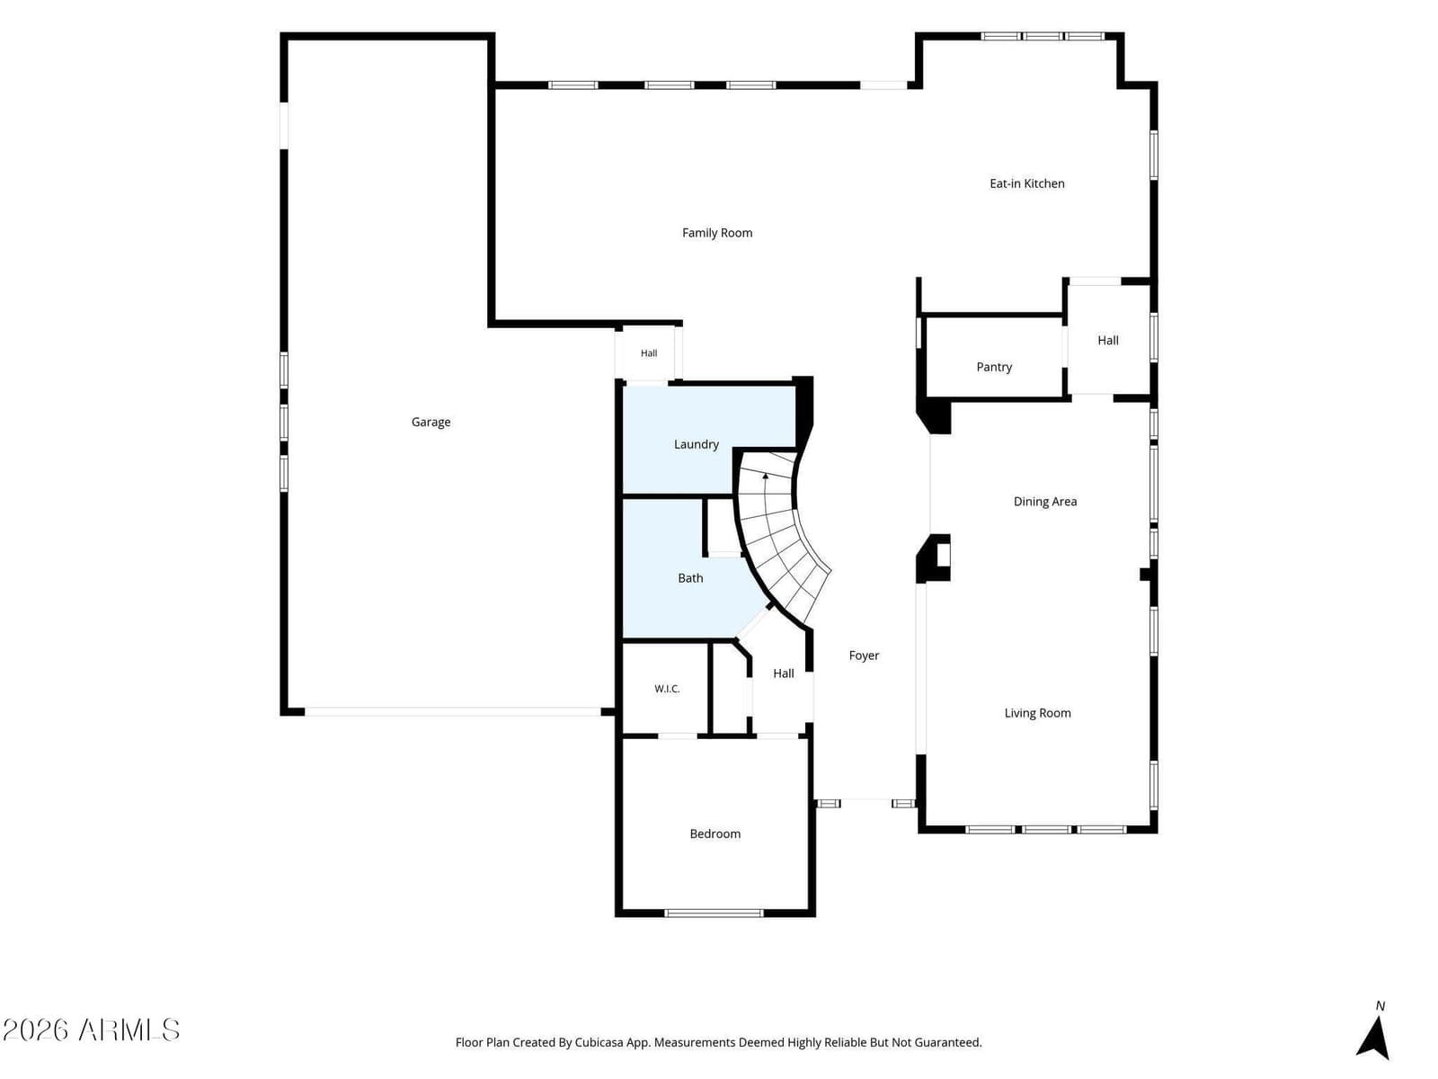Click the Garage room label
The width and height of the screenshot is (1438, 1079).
click(x=431, y=423)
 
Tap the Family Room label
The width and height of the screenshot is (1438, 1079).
click(x=716, y=233)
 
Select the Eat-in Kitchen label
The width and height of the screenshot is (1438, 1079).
click(x=1026, y=183)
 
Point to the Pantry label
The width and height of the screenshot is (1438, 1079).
click(x=994, y=367)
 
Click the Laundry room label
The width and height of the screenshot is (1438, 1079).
click(x=696, y=444)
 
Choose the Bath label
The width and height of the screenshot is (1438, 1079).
click(x=690, y=578)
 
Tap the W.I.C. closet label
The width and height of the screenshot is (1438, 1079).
click(x=667, y=689)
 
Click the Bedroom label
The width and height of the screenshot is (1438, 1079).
click(x=715, y=834)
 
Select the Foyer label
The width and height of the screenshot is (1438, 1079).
click(x=864, y=655)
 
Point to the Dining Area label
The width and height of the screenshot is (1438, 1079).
click(x=1045, y=501)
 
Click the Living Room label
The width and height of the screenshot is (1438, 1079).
click(x=1038, y=713)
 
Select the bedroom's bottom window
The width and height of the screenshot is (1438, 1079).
click(x=715, y=913)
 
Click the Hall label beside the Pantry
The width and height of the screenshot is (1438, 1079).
click(x=1108, y=340)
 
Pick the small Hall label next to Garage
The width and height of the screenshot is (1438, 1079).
click(x=649, y=353)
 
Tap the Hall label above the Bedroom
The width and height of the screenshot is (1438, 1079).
click(x=783, y=673)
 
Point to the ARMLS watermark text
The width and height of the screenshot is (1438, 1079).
click(x=129, y=1030)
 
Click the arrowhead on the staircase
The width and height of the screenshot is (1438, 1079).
click(x=765, y=477)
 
